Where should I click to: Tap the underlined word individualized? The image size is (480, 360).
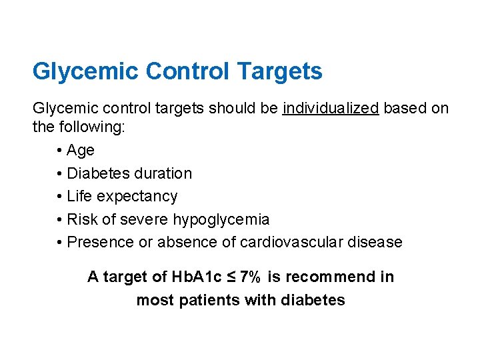click(x=331, y=108)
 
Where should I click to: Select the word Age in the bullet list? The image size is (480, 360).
click(x=81, y=151)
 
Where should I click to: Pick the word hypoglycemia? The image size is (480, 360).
click(x=221, y=219)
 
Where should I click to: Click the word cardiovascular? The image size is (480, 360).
click(x=289, y=242)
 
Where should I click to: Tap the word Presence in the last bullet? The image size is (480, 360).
click(x=101, y=242)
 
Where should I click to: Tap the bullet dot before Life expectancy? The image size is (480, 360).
click(x=61, y=197)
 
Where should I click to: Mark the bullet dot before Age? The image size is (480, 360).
click(x=61, y=151)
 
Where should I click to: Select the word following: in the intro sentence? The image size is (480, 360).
click(x=89, y=127)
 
